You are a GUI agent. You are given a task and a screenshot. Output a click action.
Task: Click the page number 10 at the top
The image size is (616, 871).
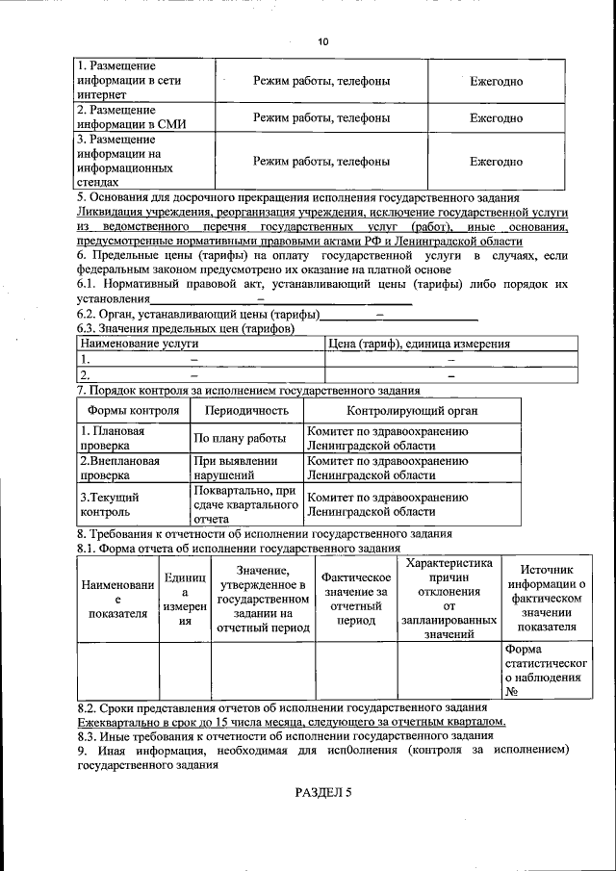point(322,40)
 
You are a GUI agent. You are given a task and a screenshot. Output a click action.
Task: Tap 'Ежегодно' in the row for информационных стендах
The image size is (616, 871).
point(496,161)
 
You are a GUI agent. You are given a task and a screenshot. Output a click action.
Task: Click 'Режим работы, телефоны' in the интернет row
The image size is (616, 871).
point(321,81)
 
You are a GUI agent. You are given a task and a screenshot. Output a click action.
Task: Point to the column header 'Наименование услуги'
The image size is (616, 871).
point(140,344)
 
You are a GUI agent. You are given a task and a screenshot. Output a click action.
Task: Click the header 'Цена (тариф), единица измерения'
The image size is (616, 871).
point(419,344)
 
